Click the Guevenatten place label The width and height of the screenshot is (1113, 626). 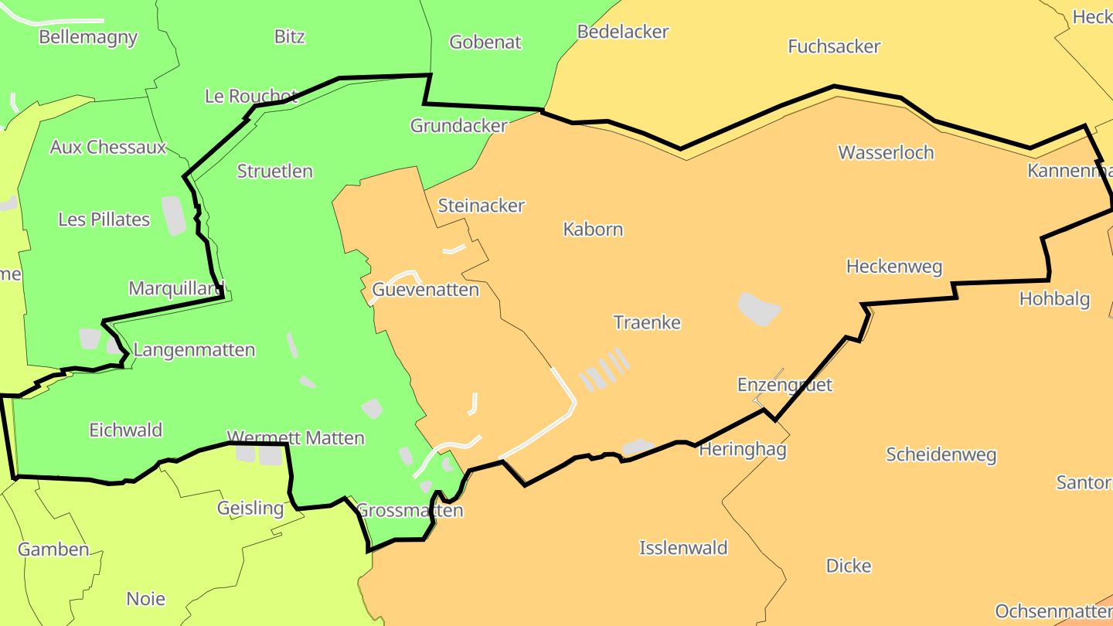425,290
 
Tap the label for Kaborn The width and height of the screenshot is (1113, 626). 593,230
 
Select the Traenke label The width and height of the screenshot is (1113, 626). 647,322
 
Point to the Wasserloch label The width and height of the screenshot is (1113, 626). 886,152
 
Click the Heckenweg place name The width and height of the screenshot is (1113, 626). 894,267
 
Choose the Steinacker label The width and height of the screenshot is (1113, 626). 481,206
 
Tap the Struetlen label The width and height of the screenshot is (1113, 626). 274,172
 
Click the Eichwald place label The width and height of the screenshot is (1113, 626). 125,430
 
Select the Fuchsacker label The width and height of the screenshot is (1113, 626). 834,46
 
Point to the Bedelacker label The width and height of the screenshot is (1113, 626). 623,32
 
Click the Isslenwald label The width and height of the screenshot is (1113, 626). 683,548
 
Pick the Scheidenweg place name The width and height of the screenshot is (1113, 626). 941,454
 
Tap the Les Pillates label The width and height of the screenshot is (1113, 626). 104,219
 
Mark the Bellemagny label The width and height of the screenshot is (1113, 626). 88,37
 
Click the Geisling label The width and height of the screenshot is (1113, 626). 250,508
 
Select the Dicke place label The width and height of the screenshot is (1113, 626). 849,566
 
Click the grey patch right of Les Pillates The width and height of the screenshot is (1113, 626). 174,216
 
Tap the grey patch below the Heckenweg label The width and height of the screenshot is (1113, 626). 759,308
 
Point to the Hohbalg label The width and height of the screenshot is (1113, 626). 1054,299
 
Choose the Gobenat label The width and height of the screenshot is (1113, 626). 485,42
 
